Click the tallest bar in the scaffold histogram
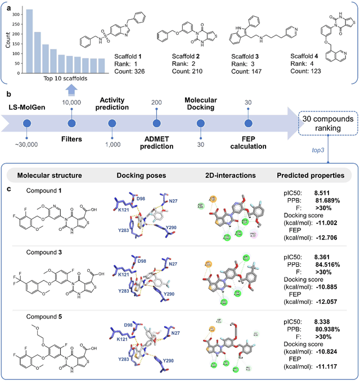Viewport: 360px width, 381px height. click(x=29, y=42)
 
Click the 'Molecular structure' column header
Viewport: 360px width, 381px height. click(x=51, y=176)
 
